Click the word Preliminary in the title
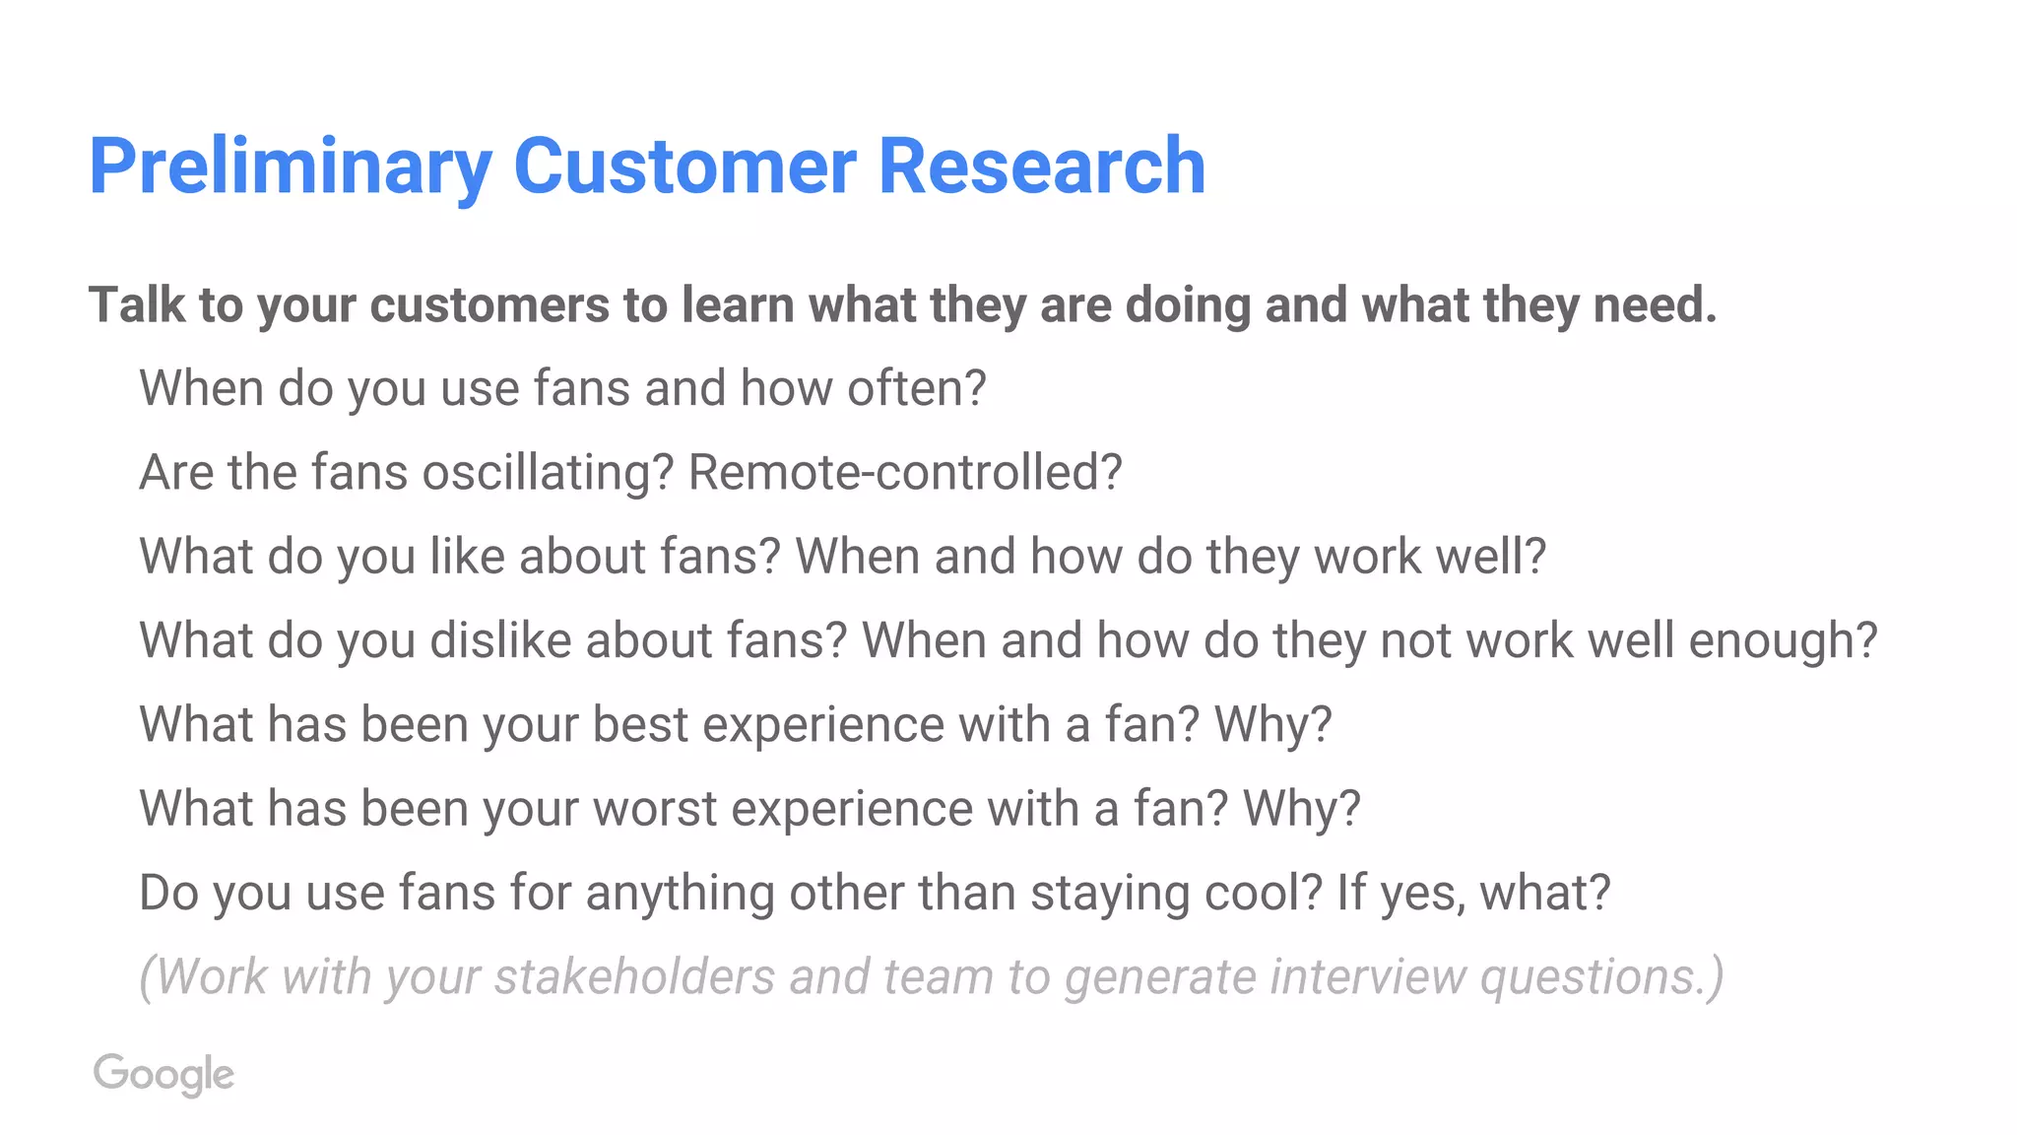(290, 167)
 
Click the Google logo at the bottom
(163, 1074)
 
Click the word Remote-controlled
(904, 472)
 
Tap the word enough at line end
(1783, 640)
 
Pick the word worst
(655, 809)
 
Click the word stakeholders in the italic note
(634, 976)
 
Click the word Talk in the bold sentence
(136, 304)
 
